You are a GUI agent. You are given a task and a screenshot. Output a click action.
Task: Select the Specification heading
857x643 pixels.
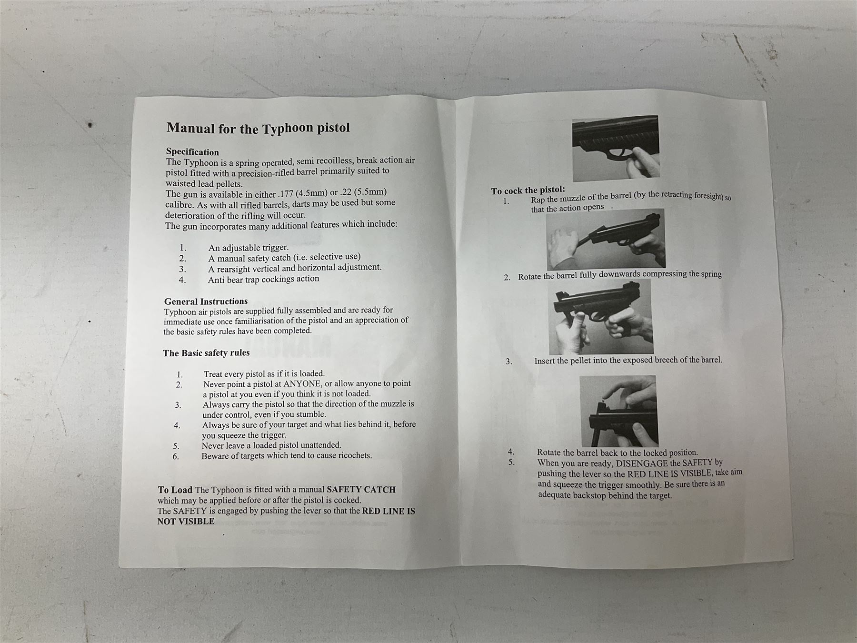point(192,152)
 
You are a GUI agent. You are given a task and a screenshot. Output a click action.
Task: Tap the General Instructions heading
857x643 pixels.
point(206,301)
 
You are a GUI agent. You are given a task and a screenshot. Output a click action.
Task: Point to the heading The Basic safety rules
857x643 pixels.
point(206,353)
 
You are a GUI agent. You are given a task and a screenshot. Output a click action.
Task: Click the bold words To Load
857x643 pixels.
point(175,490)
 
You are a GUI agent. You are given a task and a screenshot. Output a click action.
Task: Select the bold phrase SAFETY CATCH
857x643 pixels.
point(361,490)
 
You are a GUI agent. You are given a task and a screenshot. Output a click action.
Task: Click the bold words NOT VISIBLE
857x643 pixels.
point(186,522)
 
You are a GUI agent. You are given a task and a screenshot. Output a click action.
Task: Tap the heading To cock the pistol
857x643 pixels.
point(528,190)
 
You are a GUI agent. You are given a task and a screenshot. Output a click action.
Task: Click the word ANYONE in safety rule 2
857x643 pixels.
point(302,384)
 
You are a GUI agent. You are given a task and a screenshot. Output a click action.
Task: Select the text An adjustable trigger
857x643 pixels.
point(249,248)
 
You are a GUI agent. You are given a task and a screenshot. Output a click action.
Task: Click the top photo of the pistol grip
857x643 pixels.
point(616,148)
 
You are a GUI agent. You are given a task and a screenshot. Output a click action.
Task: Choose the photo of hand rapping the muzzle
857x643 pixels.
point(605,239)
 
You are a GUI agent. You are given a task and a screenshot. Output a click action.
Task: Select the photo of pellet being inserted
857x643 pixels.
point(618,411)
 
